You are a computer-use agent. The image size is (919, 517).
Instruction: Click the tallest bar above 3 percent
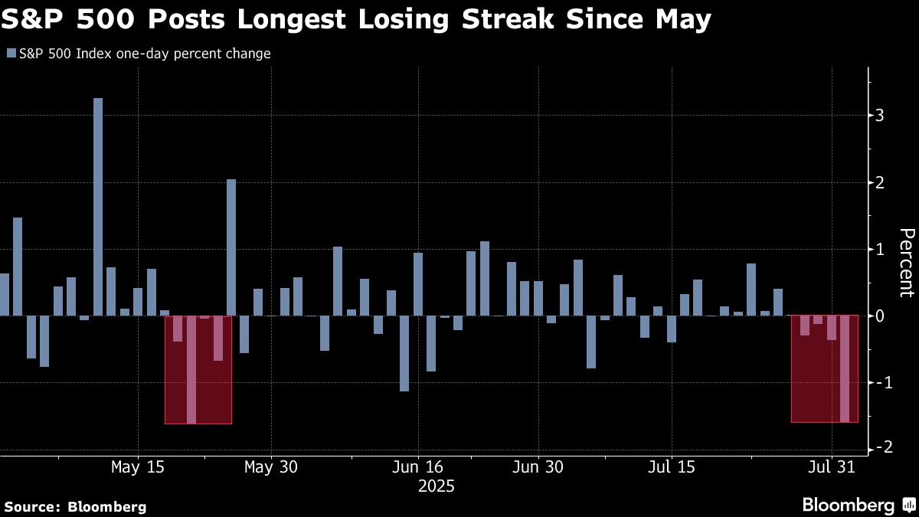pos(98,207)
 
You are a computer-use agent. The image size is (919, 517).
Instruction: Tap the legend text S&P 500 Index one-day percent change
pos(144,54)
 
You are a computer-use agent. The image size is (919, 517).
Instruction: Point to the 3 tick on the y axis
pos(880,116)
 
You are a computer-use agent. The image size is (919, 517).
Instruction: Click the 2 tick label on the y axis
pos(880,182)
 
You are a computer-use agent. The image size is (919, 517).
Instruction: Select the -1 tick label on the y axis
pos(878,382)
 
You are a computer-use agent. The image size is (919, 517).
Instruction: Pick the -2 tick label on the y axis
pos(878,449)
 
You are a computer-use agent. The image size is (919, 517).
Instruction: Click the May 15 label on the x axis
pos(137,466)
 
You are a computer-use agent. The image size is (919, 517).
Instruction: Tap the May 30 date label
pos(271,466)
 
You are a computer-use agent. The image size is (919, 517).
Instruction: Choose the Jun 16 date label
pos(418,466)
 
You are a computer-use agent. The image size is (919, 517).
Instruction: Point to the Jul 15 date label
pos(672,466)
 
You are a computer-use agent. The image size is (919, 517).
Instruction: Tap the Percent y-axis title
pos(906,262)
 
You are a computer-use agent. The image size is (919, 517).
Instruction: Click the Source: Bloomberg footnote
pos(75,506)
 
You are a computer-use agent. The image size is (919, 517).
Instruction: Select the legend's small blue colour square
pos(11,54)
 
